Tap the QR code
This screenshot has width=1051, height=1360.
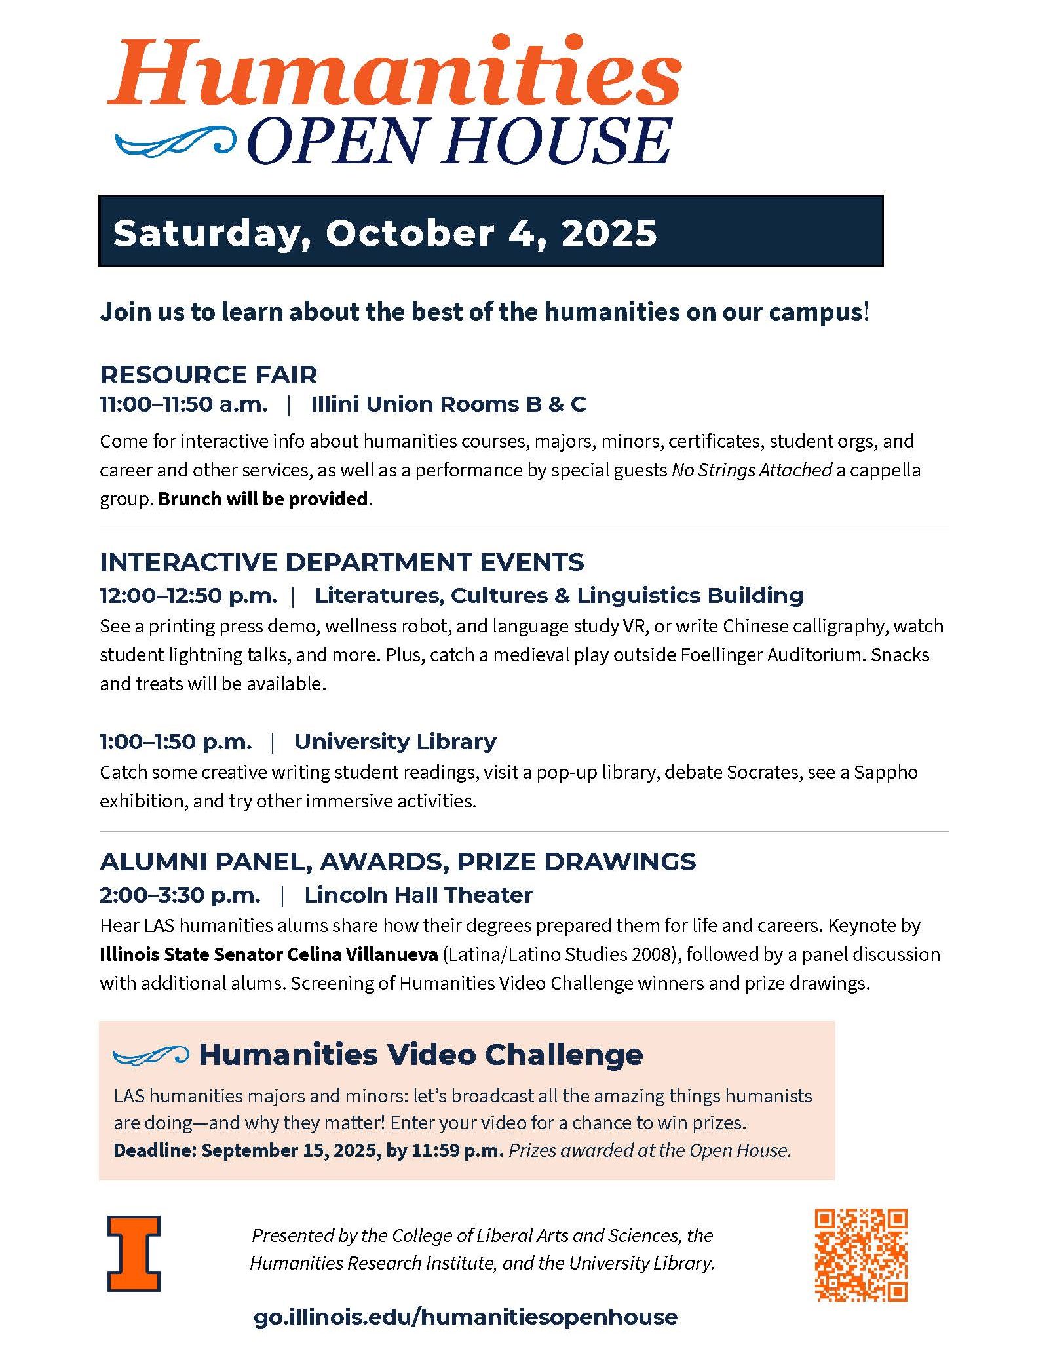861,1254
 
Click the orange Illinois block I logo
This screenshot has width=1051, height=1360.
134,1254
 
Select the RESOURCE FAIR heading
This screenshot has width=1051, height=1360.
208,375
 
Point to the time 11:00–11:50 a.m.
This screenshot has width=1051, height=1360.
183,404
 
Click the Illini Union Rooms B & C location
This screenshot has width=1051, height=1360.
448,404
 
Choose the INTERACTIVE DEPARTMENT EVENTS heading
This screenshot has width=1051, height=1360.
341,562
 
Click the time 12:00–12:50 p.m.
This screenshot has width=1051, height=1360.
188,596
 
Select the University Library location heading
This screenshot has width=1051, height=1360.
395,741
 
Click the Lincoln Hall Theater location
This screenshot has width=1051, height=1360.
418,895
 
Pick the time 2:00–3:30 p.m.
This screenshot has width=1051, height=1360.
180,895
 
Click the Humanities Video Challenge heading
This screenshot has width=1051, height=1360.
421,1055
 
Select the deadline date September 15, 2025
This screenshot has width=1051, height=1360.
288,1150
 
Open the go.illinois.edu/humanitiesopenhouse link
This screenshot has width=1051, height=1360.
465,1317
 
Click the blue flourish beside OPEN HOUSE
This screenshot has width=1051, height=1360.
174,141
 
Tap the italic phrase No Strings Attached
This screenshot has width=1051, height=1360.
752,470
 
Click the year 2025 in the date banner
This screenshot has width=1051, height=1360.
609,233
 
